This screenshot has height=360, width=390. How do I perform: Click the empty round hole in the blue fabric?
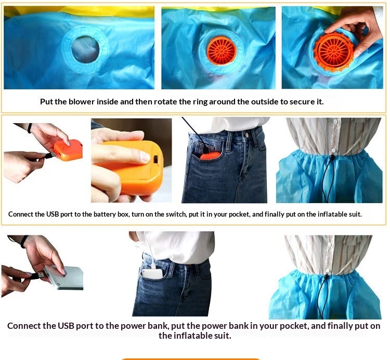click(x=85, y=49)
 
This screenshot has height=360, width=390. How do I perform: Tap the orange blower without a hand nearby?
click(x=222, y=51)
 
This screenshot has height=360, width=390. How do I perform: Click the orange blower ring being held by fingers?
click(x=333, y=51)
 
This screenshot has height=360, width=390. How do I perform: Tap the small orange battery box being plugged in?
click(x=68, y=150)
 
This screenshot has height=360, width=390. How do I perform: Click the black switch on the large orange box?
click(x=156, y=159)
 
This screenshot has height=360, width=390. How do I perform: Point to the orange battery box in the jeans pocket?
click(x=210, y=155)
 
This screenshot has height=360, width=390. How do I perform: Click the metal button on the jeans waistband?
click(x=246, y=135)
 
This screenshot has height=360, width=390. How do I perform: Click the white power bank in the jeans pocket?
click(x=152, y=274)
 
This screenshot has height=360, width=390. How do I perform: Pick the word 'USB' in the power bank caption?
click(x=66, y=326)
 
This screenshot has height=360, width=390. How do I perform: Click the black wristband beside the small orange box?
click(x=30, y=128)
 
